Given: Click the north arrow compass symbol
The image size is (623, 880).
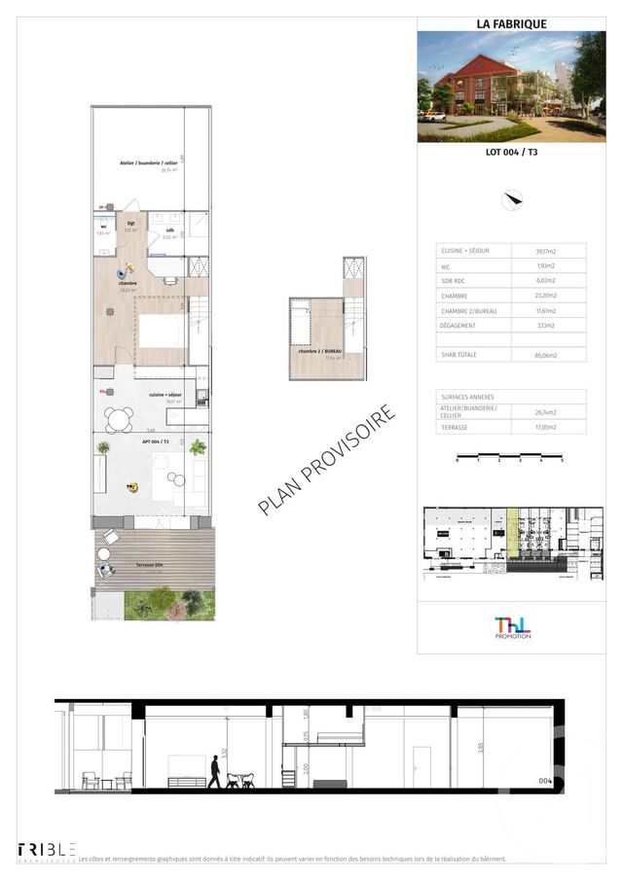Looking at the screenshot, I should [x=512, y=201].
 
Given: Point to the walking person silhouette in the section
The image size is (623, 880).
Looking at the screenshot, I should [x=214, y=772].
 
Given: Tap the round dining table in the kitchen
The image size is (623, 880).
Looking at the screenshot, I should [x=120, y=420].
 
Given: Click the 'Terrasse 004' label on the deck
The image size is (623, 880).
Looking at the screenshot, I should [x=124, y=566].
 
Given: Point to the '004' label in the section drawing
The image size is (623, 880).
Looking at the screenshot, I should [x=545, y=781].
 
